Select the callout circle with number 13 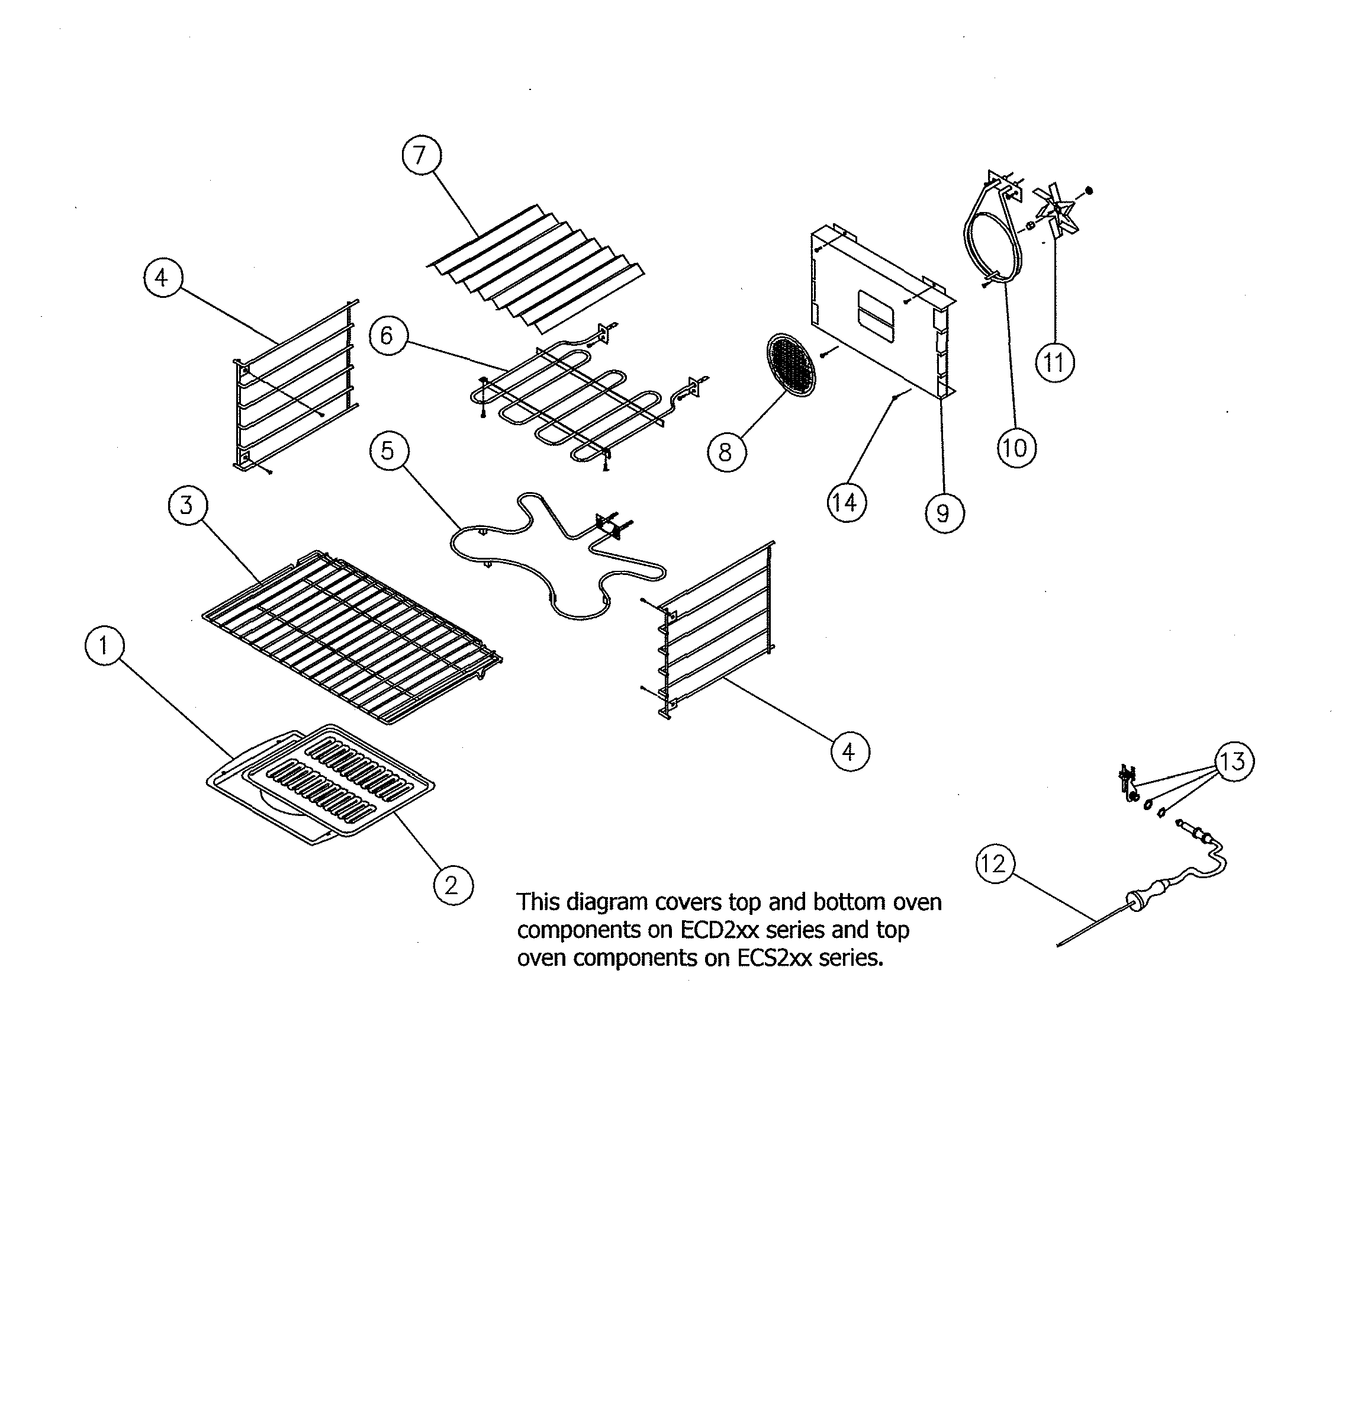[x=1234, y=761]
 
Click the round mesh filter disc [x=791, y=364]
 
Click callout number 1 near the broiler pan [x=104, y=645]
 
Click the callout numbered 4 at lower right [x=850, y=751]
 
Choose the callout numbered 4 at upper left [x=163, y=277]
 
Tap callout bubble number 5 [x=388, y=451]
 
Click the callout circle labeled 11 [x=1054, y=363]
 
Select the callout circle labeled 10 [x=1015, y=448]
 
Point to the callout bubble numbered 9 [x=944, y=513]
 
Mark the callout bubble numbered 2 [x=453, y=885]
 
